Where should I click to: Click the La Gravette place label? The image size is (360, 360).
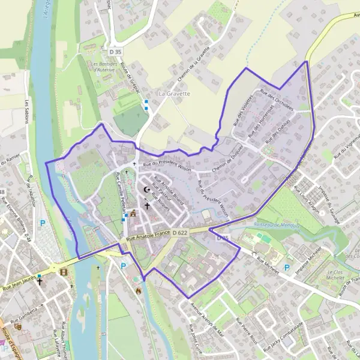174,94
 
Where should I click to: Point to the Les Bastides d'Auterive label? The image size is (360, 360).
103,67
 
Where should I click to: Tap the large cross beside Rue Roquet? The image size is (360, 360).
147,205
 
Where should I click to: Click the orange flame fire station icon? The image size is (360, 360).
138,291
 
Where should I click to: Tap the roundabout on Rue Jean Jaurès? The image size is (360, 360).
56,268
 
